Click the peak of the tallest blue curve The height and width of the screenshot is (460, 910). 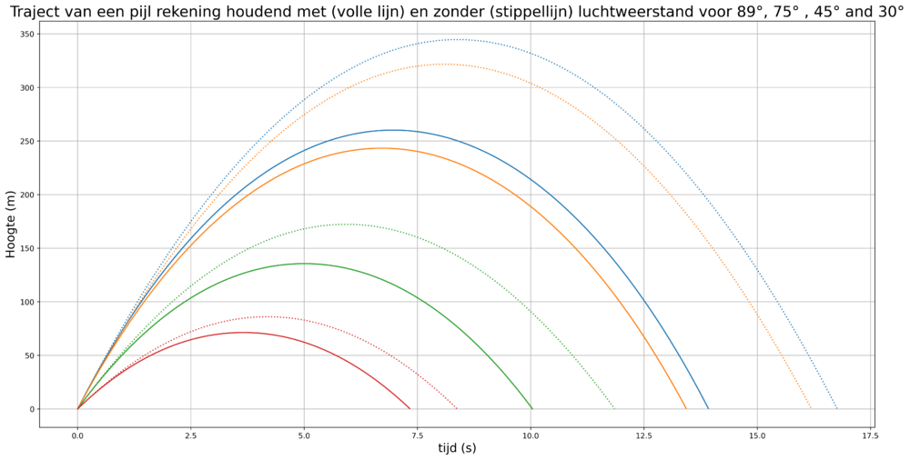(455, 40)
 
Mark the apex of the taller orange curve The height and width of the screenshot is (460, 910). (443, 65)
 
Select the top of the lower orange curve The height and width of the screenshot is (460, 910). (381, 148)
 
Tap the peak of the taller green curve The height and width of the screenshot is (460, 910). (346, 224)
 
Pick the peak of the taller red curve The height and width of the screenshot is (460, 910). (266, 316)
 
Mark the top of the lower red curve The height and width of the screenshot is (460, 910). (244, 333)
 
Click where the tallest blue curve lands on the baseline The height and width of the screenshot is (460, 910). (836, 408)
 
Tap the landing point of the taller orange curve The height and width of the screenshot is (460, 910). (811, 408)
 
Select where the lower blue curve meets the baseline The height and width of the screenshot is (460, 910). (708, 408)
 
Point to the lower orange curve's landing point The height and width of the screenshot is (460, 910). (687, 408)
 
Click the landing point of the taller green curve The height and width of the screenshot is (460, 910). (616, 408)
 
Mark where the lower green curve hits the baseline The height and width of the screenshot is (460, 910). (531, 408)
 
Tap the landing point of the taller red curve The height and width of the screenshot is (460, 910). (457, 408)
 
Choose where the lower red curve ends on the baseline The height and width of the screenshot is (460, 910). (413, 408)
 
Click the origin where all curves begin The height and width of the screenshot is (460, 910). (77, 408)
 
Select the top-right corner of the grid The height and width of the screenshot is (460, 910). (870, 34)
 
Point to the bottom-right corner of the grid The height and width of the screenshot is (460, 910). (870, 408)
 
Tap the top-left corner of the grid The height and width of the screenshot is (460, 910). (77, 34)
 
